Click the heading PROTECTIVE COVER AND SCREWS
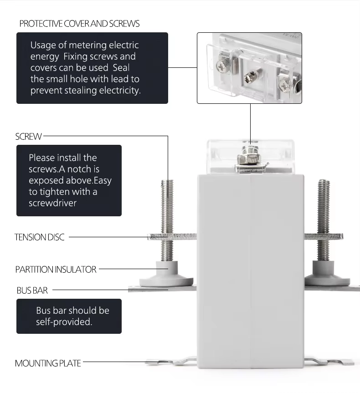(79, 24)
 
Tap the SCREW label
(28, 136)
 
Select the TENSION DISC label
(40, 237)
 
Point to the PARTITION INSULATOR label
(56, 269)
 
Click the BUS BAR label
(32, 290)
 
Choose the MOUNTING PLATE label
(48, 363)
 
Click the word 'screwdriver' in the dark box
(52, 203)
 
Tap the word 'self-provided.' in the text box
(64, 322)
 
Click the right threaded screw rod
(323, 205)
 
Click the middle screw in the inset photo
(252, 76)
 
